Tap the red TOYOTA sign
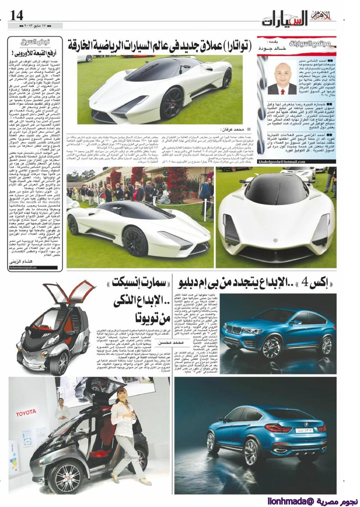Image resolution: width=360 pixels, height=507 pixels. click(26, 412)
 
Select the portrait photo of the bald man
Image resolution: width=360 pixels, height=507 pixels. click(282, 76)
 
